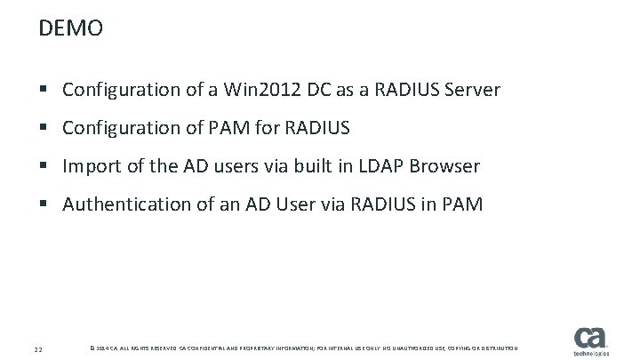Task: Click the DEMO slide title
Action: coord(71,29)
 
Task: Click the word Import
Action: coord(91,166)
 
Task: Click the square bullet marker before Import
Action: coord(45,167)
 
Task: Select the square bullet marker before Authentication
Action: coord(45,206)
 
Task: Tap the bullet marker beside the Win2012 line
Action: coord(45,91)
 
